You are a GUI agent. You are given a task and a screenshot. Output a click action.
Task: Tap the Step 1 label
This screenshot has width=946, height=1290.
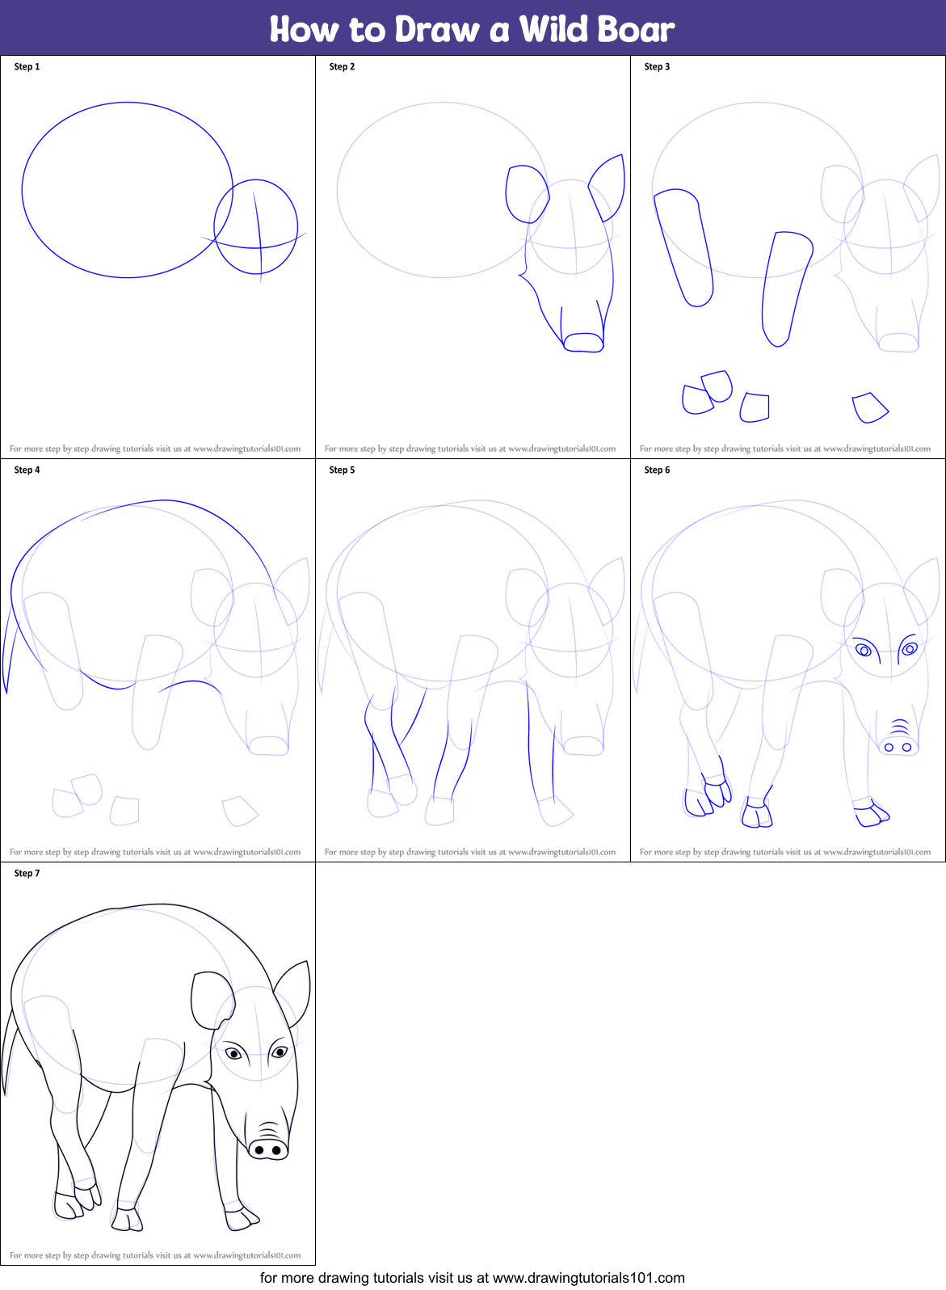coord(27,66)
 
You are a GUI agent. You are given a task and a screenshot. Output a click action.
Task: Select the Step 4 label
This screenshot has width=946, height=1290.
coord(27,470)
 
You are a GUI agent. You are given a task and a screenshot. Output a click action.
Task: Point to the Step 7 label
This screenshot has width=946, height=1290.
coord(27,873)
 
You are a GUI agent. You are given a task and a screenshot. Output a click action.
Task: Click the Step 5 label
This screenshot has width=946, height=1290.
coord(342,470)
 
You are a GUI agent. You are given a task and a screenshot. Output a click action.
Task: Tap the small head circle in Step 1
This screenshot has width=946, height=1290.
coord(256,226)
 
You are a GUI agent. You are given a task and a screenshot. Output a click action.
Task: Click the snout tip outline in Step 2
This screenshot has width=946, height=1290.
coord(583,343)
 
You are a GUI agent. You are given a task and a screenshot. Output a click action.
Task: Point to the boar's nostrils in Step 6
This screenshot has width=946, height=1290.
coord(898,747)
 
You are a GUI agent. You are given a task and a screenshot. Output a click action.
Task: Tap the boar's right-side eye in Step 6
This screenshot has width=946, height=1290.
coord(910,648)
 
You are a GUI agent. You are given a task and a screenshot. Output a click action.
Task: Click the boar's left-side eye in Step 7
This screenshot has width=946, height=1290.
coord(233,1053)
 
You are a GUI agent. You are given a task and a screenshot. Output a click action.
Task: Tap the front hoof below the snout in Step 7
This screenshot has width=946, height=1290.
coord(241,1219)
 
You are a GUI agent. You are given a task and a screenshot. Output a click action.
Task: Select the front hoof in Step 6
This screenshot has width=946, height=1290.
coord(871,814)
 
